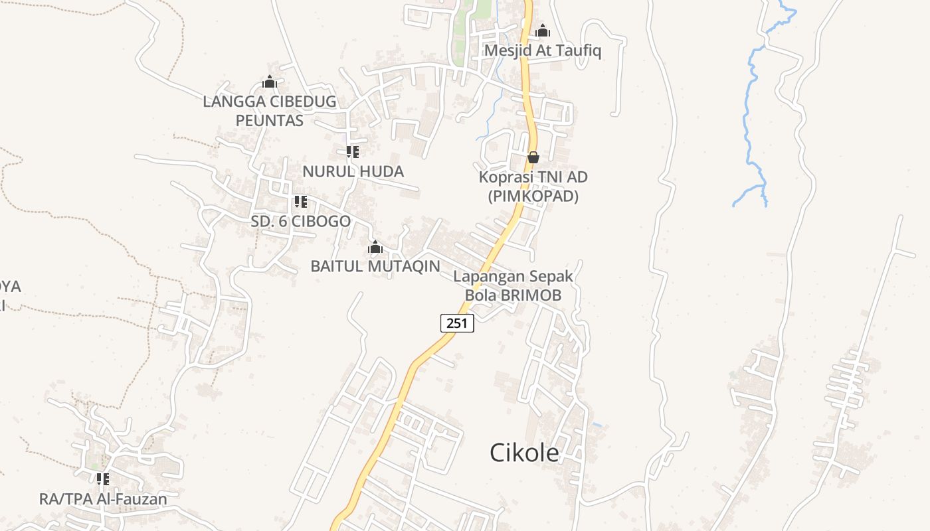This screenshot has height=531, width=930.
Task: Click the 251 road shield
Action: [x=457, y=323]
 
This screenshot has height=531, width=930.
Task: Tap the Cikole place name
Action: [x=524, y=453]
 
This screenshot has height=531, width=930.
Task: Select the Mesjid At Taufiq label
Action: [x=543, y=50]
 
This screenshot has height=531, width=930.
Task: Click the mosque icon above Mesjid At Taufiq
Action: [x=543, y=31]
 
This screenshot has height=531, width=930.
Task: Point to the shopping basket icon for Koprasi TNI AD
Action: [x=533, y=157]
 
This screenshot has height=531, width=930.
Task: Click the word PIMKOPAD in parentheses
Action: [x=533, y=196]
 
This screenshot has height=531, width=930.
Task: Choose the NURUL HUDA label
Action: [x=353, y=171]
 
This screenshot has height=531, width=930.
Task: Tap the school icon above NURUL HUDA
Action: [x=353, y=152]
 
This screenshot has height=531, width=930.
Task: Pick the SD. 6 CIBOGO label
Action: [x=300, y=221]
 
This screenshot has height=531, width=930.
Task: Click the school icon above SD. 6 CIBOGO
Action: [x=300, y=201]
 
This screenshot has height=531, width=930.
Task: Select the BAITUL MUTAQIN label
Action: [x=375, y=266]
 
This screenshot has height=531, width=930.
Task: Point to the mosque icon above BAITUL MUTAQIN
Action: [x=375, y=248]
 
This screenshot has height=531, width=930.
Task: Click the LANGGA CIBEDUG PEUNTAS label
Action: [x=270, y=111]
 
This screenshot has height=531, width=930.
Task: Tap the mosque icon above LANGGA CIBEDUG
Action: [x=270, y=82]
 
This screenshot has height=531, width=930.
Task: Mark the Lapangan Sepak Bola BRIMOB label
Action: [x=513, y=285]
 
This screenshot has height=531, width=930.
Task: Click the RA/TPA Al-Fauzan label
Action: [x=103, y=498]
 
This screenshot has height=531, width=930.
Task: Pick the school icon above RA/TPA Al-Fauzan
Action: [x=102, y=479]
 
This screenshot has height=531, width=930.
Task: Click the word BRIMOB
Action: [x=531, y=295]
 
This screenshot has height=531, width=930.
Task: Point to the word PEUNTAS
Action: [x=270, y=120]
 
